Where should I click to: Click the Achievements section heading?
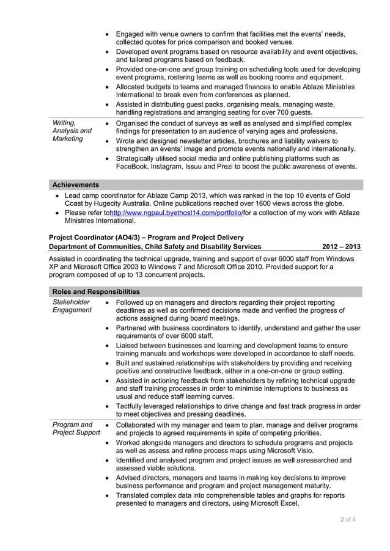click(x=76, y=184)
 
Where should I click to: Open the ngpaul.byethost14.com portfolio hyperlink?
click(x=175, y=213)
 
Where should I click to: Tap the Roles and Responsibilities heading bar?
click(x=96, y=292)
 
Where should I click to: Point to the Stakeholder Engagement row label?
click(x=72, y=306)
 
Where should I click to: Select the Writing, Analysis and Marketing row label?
click(x=72, y=131)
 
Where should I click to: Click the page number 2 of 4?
click(x=348, y=520)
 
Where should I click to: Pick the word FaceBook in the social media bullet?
click(x=133, y=166)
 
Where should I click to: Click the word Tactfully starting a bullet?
click(x=131, y=406)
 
